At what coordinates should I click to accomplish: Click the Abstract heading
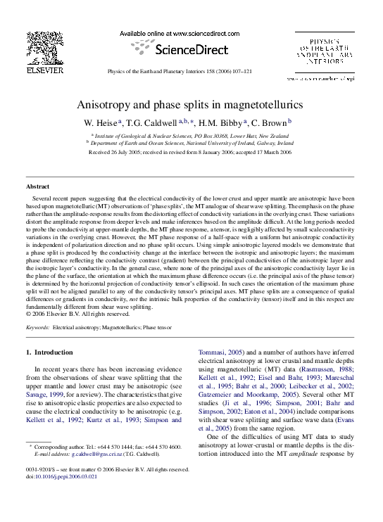[37, 186]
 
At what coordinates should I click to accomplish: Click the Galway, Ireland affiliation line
[194, 141]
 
